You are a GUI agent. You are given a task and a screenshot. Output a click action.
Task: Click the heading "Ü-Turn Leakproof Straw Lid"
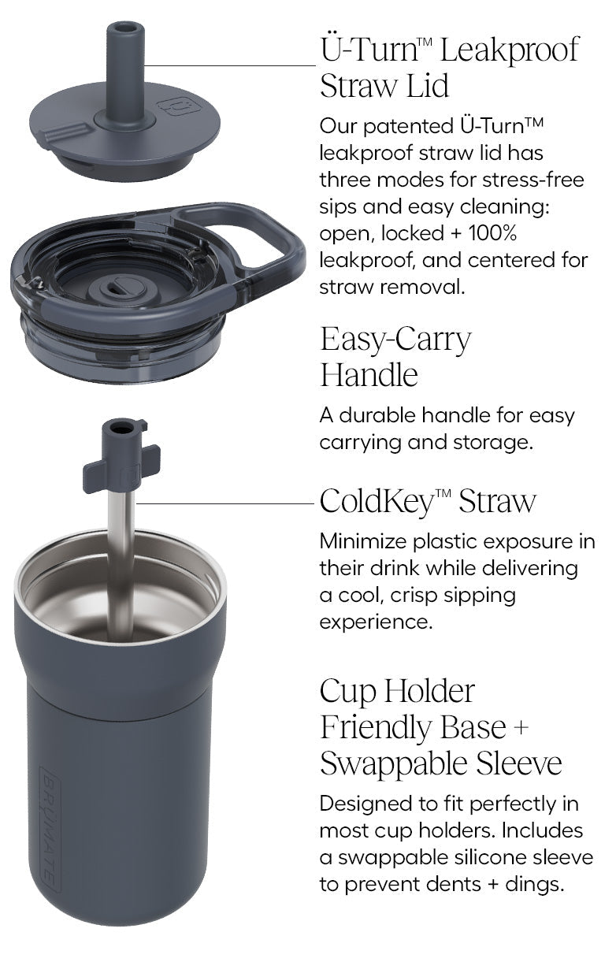tap(450, 67)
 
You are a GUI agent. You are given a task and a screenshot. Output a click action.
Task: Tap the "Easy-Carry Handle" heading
tap(395, 356)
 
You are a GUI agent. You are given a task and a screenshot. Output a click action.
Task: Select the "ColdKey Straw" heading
tap(428, 501)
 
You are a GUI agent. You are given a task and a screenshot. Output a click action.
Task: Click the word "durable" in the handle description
tap(377, 415)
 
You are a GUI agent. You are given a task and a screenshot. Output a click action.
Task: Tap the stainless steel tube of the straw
tap(121, 565)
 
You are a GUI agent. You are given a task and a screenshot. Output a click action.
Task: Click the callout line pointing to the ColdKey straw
tap(225, 504)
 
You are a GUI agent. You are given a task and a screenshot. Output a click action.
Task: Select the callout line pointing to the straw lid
tap(230, 65)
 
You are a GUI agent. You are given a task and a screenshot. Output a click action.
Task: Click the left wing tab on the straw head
tap(94, 477)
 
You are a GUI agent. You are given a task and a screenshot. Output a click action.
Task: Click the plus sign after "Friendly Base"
tap(521, 727)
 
